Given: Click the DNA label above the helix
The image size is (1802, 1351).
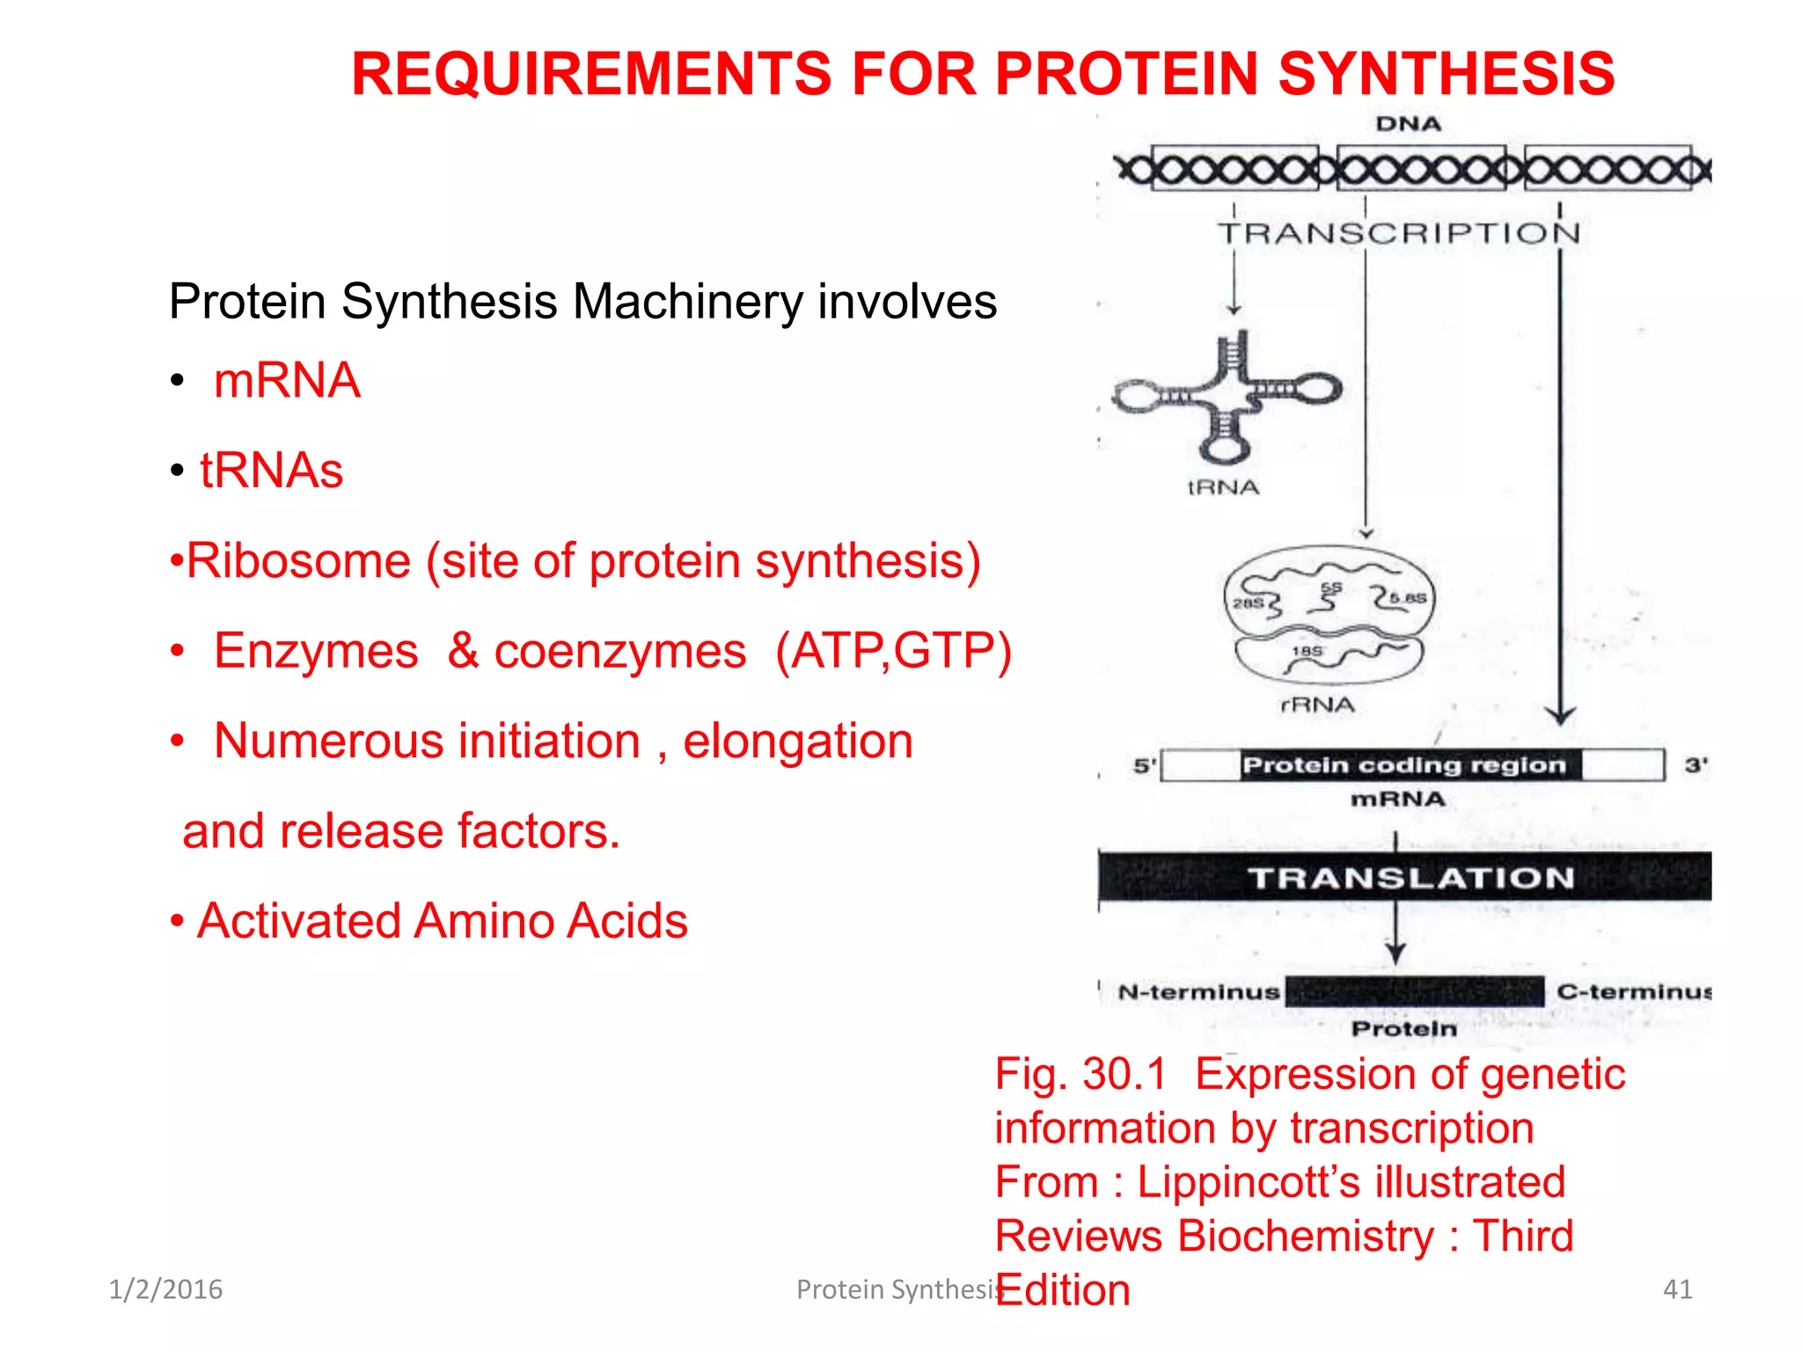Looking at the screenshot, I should (x=1408, y=124).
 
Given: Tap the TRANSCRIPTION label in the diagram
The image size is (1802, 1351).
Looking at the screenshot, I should (x=1399, y=233).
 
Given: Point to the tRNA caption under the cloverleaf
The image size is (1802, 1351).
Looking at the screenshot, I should (x=1223, y=487).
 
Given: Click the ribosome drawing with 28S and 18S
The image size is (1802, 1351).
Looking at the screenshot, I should (x=1330, y=616).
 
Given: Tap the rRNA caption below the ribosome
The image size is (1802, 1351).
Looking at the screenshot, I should (x=1317, y=705).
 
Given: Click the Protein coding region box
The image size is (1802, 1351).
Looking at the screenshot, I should (x=1404, y=765).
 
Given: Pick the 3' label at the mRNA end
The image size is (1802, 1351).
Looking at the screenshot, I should (x=1696, y=765).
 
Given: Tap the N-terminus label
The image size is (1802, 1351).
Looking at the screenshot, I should (x=1198, y=992).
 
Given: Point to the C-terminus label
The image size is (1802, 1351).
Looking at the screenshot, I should (x=1633, y=992).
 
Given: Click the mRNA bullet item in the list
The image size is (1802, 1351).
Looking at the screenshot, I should (x=287, y=381).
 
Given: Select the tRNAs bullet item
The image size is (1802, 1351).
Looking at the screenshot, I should (x=271, y=471).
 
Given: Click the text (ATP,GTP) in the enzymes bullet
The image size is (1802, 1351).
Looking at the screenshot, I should (x=893, y=652).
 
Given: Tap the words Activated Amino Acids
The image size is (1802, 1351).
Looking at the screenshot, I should (x=442, y=921).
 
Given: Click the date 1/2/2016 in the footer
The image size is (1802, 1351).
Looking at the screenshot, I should (x=165, y=1289).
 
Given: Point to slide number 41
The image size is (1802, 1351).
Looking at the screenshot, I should (x=1677, y=1289).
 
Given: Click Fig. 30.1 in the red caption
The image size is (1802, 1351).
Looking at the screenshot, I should (x=1080, y=1074).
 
